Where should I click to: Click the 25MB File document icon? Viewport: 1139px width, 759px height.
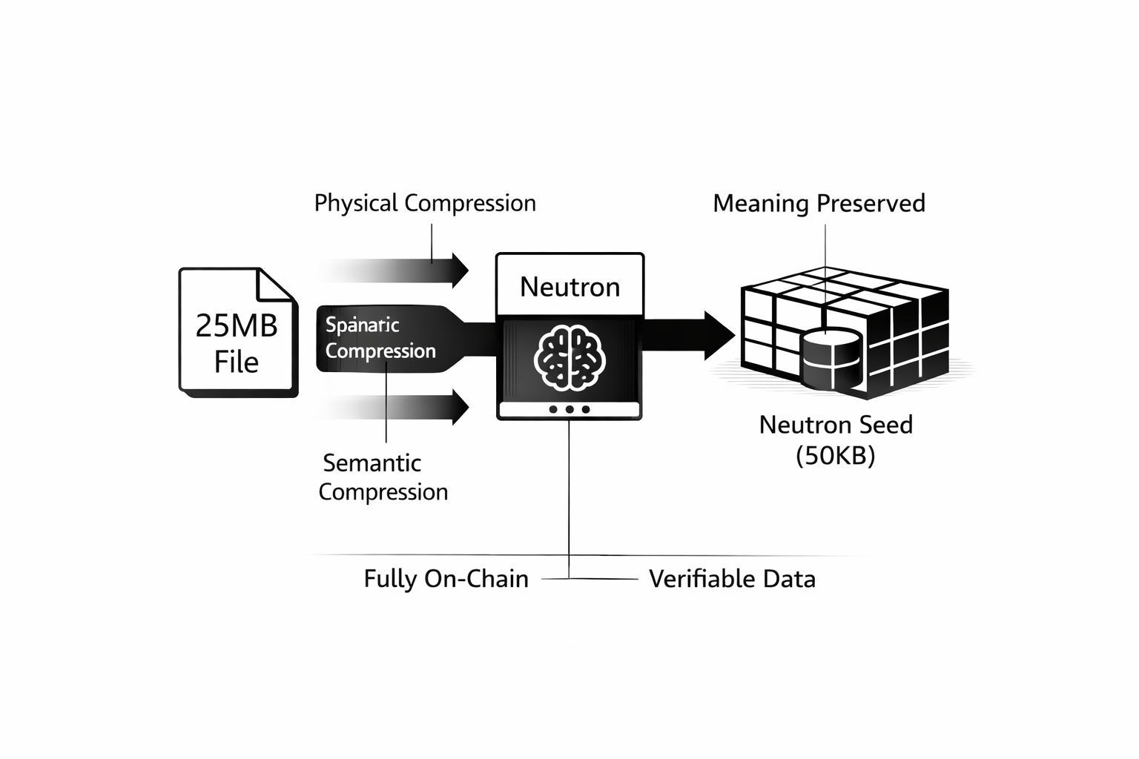[x=237, y=334]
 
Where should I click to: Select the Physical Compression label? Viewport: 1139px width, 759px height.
[x=424, y=203]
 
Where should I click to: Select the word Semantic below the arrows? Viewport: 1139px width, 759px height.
[x=372, y=463]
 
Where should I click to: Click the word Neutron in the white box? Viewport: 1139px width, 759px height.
[x=569, y=287]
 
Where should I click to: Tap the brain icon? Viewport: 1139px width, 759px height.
[x=569, y=358]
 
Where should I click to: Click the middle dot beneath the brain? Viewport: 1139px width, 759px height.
[x=569, y=409]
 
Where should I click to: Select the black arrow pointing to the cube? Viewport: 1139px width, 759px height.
[x=686, y=336]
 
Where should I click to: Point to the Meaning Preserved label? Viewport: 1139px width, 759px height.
[x=819, y=203]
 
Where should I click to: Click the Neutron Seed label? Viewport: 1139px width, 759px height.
[x=836, y=425]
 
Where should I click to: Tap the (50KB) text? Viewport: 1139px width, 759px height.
[x=836, y=455]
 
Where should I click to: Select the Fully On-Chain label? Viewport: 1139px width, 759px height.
[x=446, y=579]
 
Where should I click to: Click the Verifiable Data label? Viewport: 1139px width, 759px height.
[x=732, y=579]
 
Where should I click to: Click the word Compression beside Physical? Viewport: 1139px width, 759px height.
[x=470, y=203]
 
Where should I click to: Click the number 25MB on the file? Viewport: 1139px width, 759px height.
[x=237, y=325]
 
